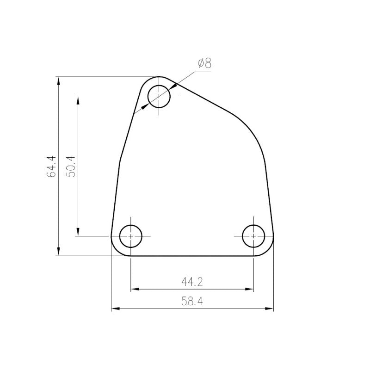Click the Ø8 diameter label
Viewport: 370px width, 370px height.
click(204, 64)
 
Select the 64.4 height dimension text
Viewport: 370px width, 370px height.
click(51, 166)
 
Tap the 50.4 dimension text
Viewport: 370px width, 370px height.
click(70, 166)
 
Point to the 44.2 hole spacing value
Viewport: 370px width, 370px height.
click(192, 281)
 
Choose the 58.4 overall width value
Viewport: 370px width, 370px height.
click(192, 302)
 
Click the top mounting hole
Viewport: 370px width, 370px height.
click(159, 96)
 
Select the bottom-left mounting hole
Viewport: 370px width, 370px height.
click(131, 236)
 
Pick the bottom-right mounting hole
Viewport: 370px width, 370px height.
click(253, 236)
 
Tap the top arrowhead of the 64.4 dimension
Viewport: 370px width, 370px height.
click(58, 80)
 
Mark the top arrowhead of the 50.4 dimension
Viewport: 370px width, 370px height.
click(78, 99)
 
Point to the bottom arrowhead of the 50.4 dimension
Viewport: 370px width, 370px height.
click(78, 233)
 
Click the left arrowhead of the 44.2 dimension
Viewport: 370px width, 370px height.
click(134, 290)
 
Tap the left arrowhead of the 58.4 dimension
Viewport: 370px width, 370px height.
click(115, 308)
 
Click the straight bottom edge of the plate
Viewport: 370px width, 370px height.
click(192, 255)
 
